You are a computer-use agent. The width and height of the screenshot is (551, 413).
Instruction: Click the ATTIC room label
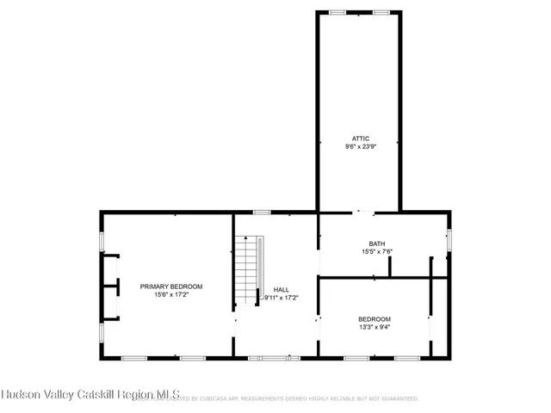pyautogui.click(x=359, y=138)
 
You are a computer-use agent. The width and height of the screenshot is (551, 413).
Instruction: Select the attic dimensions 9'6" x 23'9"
pyautogui.click(x=359, y=146)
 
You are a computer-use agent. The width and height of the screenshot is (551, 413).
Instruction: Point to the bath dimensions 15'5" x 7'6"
pyautogui.click(x=376, y=252)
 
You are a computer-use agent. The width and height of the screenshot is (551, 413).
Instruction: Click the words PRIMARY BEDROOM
pyautogui.click(x=171, y=287)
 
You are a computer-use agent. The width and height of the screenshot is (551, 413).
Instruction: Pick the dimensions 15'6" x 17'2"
pyautogui.click(x=171, y=295)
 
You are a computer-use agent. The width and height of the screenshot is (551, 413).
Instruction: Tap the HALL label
pyautogui.click(x=282, y=289)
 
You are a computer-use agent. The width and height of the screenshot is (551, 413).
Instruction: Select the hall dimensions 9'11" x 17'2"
pyautogui.click(x=282, y=298)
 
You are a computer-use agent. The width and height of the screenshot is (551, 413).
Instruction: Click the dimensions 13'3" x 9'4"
pyautogui.click(x=375, y=327)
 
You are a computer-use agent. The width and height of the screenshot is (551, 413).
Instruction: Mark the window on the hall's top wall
pyautogui.click(x=262, y=212)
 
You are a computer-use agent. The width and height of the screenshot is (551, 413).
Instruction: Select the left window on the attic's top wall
pyautogui.click(x=338, y=12)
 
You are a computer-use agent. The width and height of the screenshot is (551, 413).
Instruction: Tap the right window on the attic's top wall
pyautogui.click(x=381, y=12)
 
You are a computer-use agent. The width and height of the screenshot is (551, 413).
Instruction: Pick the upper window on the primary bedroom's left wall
pyautogui.click(x=102, y=241)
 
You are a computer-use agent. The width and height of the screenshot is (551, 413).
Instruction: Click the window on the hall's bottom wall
pyautogui.click(x=274, y=357)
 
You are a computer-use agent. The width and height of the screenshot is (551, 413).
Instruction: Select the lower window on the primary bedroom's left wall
pyautogui.click(x=102, y=332)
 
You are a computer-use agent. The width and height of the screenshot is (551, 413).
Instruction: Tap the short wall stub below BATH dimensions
pyautogui.click(x=389, y=267)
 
